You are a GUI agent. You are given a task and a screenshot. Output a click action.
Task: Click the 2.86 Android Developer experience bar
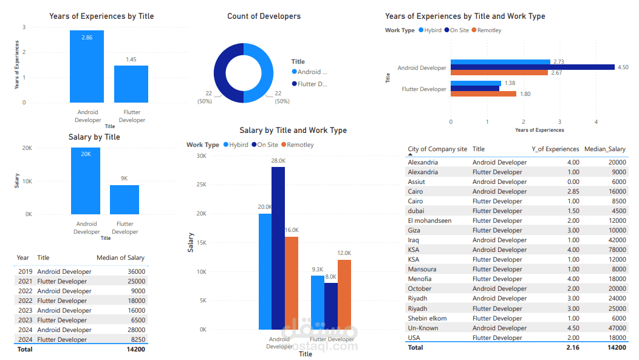(x=87, y=66)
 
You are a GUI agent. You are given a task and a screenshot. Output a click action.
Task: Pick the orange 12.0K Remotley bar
(x=344, y=294)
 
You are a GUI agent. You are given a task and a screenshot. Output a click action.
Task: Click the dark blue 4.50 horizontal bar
(x=532, y=67)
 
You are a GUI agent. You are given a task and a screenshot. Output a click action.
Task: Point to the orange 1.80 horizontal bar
(x=484, y=93)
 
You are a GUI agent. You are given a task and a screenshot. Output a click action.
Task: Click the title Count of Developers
(x=264, y=16)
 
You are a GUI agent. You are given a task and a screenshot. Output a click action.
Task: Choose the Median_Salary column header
(x=604, y=149)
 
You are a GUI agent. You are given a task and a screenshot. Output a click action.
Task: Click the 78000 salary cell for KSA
(x=615, y=250)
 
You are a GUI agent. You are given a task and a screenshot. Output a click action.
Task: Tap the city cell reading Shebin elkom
(x=427, y=318)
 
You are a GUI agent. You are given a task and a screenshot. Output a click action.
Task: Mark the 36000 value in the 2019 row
(x=135, y=271)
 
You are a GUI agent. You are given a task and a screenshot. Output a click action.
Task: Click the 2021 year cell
(x=25, y=281)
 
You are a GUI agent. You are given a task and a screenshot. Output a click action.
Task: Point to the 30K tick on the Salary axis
(x=200, y=155)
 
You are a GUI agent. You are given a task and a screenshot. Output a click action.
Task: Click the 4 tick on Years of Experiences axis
(x=596, y=121)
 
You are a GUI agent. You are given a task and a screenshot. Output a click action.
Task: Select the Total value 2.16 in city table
(x=572, y=347)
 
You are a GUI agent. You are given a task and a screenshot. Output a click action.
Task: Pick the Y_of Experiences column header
(x=555, y=149)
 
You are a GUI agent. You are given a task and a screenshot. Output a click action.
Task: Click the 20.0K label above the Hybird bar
(x=265, y=207)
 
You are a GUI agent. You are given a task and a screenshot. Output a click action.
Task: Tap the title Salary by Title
(x=94, y=137)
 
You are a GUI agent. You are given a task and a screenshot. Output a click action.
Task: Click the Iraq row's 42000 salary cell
(x=615, y=240)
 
